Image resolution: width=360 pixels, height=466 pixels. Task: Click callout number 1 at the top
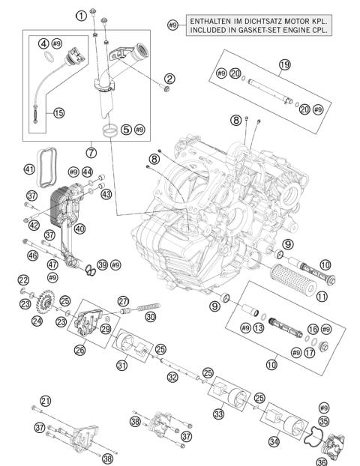[80, 14]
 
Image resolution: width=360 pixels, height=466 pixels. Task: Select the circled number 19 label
[284, 64]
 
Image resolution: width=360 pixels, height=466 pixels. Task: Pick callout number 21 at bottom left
[46, 402]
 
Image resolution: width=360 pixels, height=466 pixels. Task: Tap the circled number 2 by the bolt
[169, 78]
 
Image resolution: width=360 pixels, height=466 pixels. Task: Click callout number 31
[121, 365]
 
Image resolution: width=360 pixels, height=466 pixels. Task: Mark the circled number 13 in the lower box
[259, 328]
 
